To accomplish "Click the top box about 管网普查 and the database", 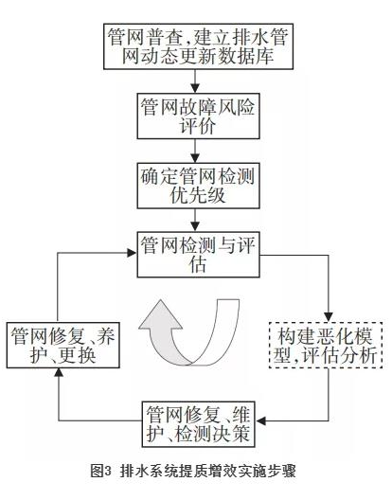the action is click(x=198, y=46).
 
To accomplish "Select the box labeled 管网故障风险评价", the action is click(x=199, y=116).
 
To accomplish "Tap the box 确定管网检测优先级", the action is click(x=199, y=186).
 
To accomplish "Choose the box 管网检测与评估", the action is click(x=199, y=255).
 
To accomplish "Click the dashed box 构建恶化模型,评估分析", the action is click(x=326, y=346).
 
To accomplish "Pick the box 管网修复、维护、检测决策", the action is click(x=198, y=424).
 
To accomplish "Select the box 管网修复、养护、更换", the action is click(x=63, y=346).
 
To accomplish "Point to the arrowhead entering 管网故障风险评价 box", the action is click(x=195, y=88).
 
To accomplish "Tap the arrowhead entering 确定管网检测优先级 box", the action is click(x=195, y=158).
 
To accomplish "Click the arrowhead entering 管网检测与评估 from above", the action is click(x=195, y=227).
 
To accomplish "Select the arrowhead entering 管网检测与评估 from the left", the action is click(x=132, y=253).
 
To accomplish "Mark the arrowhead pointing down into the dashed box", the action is click(x=329, y=317).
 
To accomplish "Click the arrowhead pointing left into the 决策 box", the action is click(x=260, y=420).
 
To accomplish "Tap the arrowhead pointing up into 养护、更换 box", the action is click(x=59, y=373).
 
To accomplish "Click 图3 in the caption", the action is click(x=100, y=471).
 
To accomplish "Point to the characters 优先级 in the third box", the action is click(x=198, y=195).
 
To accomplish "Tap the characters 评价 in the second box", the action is click(x=198, y=126).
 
